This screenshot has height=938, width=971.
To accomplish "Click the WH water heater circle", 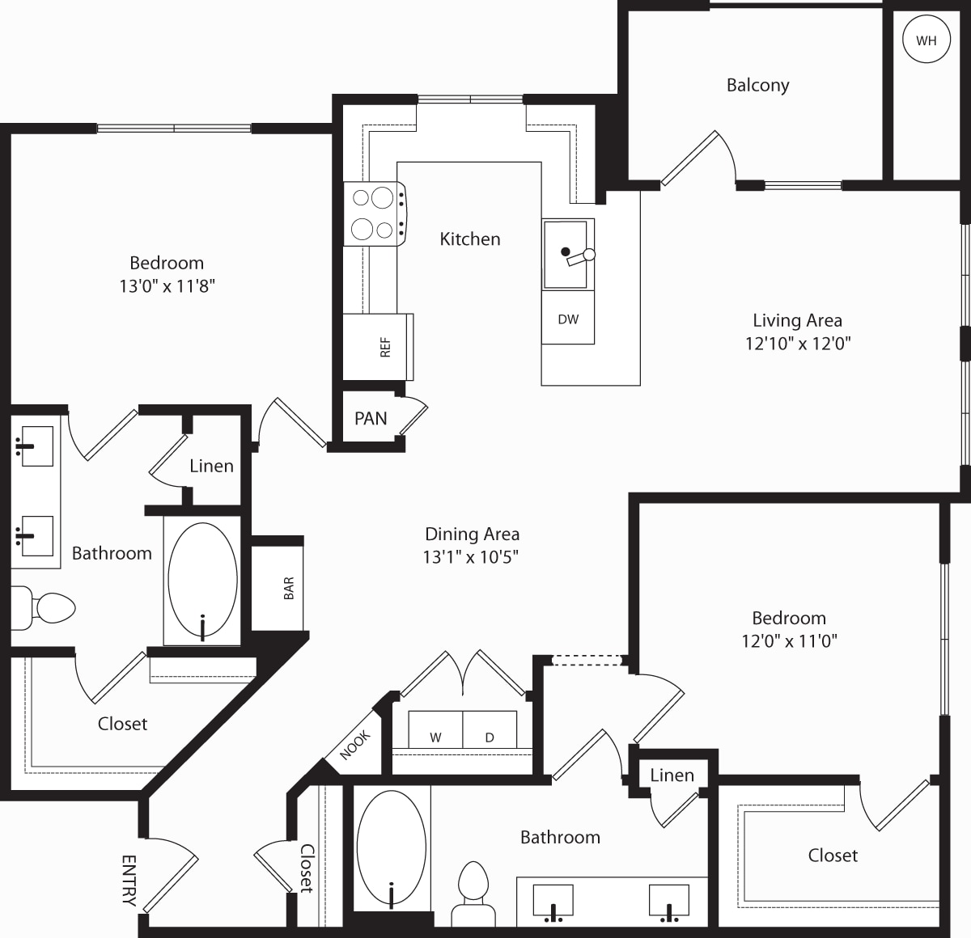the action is click(926, 40).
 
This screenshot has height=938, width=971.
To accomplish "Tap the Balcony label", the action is click(757, 85).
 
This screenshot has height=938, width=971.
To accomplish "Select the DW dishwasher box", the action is click(568, 318).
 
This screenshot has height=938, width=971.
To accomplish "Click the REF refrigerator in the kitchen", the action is click(378, 347).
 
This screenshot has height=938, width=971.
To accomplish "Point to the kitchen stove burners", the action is click(374, 213).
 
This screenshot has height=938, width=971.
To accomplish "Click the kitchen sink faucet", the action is click(579, 256).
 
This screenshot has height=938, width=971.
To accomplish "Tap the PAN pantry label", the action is click(371, 418).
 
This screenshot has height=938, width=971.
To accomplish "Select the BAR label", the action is click(289, 588).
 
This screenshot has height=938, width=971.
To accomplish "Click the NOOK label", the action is click(355, 745).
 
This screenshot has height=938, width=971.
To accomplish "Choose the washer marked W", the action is click(435, 729).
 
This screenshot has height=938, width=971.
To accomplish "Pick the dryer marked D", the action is click(490, 729).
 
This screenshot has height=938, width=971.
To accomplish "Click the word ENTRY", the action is click(129, 881).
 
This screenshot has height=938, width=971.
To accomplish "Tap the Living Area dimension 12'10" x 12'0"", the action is click(797, 344).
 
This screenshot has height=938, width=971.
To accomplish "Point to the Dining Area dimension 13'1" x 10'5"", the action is click(471, 556).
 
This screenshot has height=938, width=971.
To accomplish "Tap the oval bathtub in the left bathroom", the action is click(202, 580).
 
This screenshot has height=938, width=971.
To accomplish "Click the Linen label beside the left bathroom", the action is click(211, 467).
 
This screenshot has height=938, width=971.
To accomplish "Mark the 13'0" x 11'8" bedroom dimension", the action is click(167, 286).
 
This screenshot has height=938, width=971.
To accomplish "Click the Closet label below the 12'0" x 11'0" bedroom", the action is click(833, 856).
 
